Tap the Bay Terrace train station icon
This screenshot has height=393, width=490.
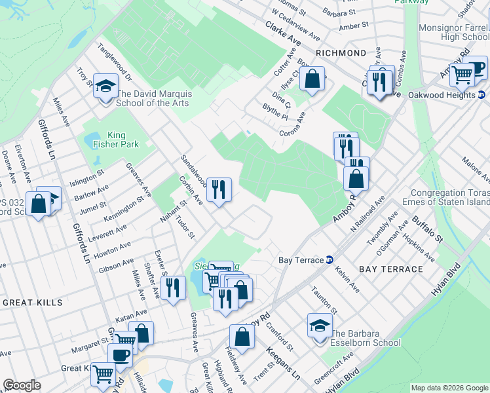[x=330, y=260]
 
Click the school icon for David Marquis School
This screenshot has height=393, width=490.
[x=105, y=86]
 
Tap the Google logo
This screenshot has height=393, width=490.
[x=22, y=385]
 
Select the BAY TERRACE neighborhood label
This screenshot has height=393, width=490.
[x=391, y=269]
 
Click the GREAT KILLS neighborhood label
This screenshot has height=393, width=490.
[x=33, y=303]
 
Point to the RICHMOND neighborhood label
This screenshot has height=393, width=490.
[x=341, y=52]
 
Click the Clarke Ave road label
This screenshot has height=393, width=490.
[x=283, y=34]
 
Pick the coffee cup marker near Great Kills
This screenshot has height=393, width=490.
[x=119, y=355]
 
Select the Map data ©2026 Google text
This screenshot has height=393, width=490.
[x=449, y=388]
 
